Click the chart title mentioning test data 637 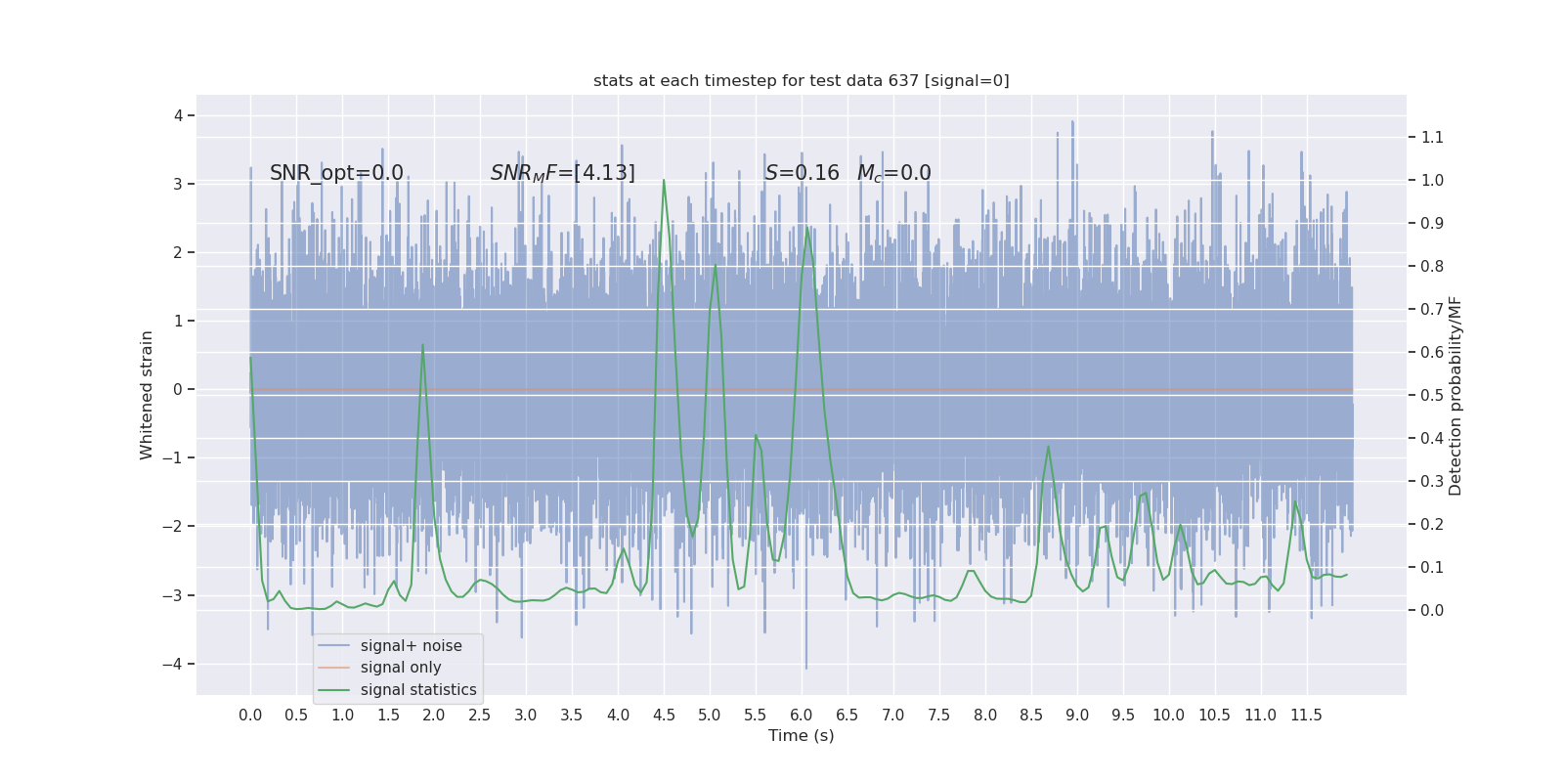[x=801, y=80]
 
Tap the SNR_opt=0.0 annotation [x=336, y=173]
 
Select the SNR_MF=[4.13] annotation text [x=562, y=173]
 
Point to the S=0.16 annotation [x=802, y=173]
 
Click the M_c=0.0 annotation [x=893, y=173]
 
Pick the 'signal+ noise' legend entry [x=411, y=645]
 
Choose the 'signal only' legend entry [x=400, y=668]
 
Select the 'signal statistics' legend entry [x=417, y=690]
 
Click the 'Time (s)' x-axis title [x=801, y=735]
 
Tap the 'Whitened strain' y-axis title [x=147, y=395]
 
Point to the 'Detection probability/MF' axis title [x=1455, y=395]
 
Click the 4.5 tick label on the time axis [x=664, y=715]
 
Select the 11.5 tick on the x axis [x=1306, y=715]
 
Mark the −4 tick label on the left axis [x=177, y=664]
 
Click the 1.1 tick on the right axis [x=1432, y=137]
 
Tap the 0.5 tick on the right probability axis [x=1432, y=395]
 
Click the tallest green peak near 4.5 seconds [x=664, y=180]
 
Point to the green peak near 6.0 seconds [x=807, y=229]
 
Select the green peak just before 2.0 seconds [x=422, y=345]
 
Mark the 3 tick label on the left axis [x=178, y=184]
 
